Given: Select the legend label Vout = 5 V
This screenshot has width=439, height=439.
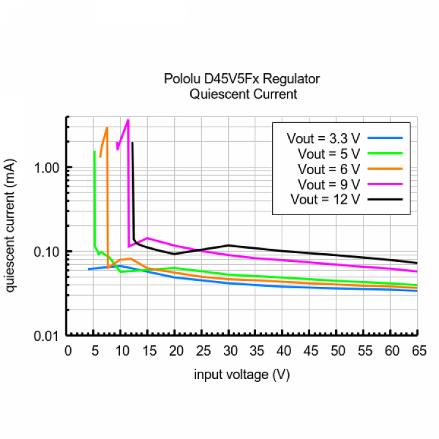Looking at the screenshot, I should click(329, 154).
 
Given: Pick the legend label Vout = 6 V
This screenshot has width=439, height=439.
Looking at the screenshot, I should click(329, 168).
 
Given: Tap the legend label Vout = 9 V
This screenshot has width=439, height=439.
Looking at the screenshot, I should click(329, 184).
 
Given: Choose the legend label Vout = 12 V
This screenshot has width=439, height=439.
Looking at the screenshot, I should click(325, 199).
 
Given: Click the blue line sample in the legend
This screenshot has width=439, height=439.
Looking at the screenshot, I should click(386, 138).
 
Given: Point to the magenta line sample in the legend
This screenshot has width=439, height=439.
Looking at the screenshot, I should click(386, 184).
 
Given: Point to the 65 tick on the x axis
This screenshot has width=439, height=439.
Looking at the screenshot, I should click(417, 350).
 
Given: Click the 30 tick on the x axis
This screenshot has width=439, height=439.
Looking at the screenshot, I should click(230, 350).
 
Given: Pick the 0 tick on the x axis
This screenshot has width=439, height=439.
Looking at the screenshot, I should click(68, 350).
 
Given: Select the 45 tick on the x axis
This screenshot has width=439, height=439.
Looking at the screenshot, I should click(310, 350).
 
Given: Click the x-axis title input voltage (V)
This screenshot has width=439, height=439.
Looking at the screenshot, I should click(242, 375).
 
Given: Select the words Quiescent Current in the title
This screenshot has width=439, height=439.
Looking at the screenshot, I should click(242, 94).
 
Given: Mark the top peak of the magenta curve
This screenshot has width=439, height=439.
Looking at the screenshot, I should click(128, 120).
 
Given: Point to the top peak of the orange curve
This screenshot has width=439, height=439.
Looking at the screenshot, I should click(107, 128).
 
